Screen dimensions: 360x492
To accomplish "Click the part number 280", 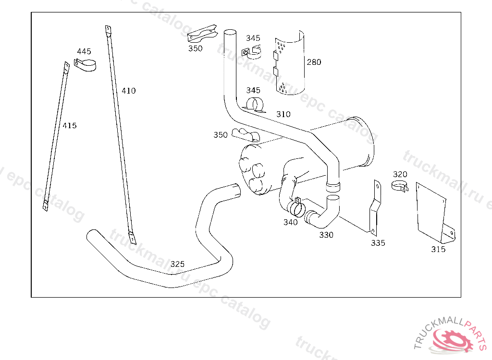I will click(x=314, y=62).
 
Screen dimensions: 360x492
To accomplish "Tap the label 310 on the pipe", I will click(x=283, y=114).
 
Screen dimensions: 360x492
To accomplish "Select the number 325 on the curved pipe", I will click(x=177, y=264).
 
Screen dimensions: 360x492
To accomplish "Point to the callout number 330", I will click(x=326, y=235).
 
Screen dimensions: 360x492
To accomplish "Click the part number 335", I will click(x=378, y=243).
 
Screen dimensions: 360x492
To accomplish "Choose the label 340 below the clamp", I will click(x=290, y=222).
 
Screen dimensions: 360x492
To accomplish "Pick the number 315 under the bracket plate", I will click(x=438, y=250).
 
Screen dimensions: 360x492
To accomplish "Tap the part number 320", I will click(x=400, y=174).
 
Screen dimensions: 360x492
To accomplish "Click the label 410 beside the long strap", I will click(x=128, y=91).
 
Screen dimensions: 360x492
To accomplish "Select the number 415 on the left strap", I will click(x=69, y=126).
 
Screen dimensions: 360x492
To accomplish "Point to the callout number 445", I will click(x=84, y=51).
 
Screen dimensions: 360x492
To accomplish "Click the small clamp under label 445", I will click(x=85, y=64).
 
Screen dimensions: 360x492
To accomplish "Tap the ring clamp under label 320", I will click(x=399, y=186).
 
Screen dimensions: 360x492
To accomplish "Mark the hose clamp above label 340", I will click(x=295, y=207).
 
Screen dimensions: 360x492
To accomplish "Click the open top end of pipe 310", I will click(x=230, y=32).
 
